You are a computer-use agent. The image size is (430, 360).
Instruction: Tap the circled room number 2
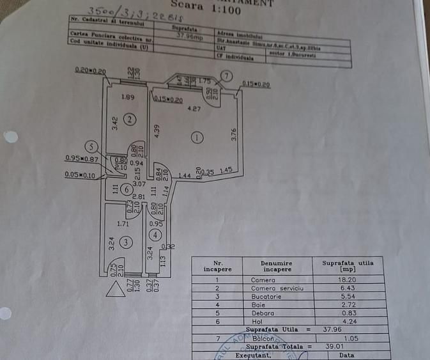pos(130,119)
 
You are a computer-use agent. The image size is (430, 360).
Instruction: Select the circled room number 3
pos(127,242)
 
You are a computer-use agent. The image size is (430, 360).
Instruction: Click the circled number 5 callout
pos(93,146)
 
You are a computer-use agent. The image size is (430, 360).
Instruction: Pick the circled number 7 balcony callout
pos(227,76)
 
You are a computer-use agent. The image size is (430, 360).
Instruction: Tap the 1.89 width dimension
pos(128,98)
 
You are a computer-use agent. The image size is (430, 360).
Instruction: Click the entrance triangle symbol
pos(116,290)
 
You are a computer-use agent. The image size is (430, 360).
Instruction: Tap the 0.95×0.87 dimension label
pos(81,159)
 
